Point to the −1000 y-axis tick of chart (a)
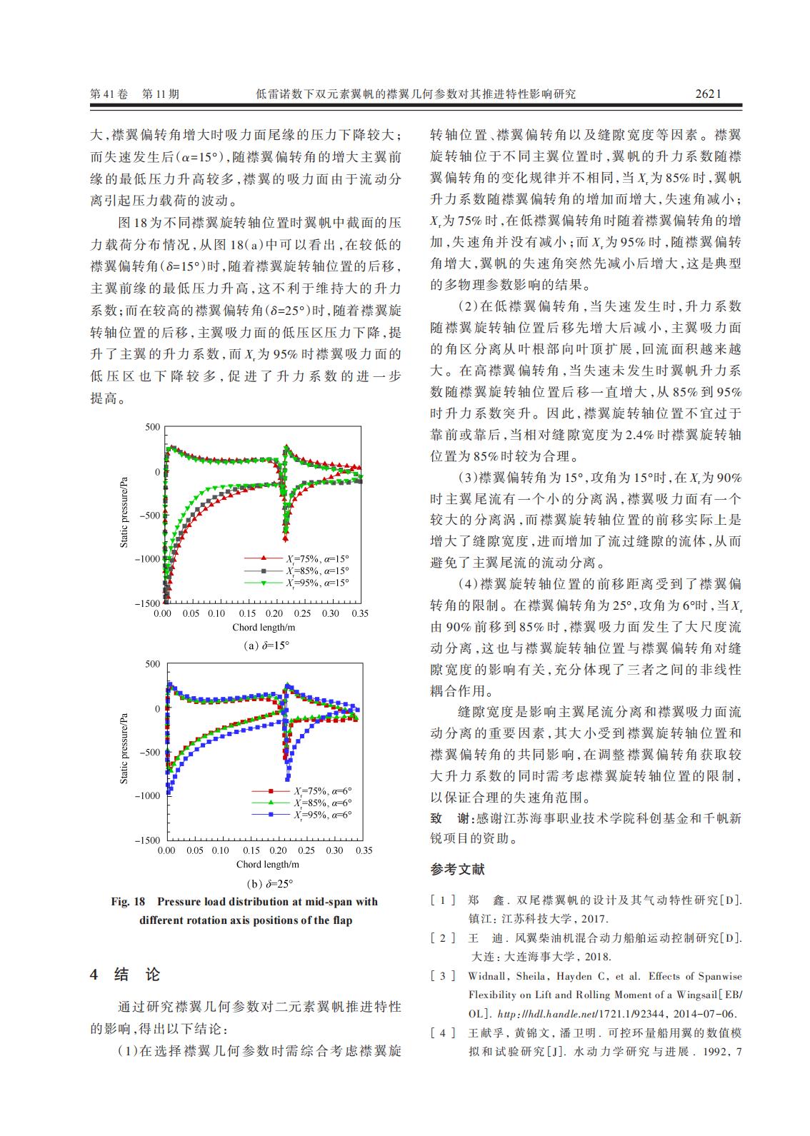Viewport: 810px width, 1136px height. click(x=149, y=559)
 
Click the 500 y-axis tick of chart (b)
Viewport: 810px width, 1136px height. click(x=153, y=664)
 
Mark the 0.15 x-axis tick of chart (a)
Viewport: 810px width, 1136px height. click(x=247, y=613)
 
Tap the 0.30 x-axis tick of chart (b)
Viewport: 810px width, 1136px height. click(x=334, y=850)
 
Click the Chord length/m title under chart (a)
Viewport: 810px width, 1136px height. click(x=264, y=628)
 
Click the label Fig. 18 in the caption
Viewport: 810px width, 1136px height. click(x=128, y=902)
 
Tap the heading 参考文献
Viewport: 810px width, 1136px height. click(x=457, y=870)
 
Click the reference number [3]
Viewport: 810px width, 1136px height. click(x=443, y=976)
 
